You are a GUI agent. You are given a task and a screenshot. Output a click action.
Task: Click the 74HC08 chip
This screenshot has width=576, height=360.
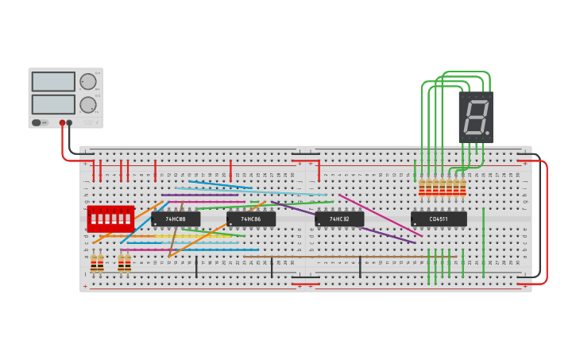pyautogui.click(x=176, y=219)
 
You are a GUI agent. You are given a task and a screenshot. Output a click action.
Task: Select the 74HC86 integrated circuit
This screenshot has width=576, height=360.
pyautogui.click(x=251, y=219)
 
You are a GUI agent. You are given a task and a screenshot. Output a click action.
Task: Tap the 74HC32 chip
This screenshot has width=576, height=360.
pyautogui.click(x=339, y=219)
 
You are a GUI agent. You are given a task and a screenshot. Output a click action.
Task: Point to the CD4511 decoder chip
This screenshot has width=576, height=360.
pyautogui.click(x=439, y=219)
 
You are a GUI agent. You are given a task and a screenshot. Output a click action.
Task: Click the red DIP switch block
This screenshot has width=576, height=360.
pyautogui.click(x=110, y=219)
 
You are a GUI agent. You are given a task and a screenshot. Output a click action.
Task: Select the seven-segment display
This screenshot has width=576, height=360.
pyautogui.click(x=475, y=117)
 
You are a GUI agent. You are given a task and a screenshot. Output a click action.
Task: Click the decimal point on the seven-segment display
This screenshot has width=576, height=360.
pyautogui.click(x=487, y=133)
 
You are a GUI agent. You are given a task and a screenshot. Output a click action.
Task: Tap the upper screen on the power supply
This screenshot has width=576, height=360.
pyautogui.click(x=53, y=81)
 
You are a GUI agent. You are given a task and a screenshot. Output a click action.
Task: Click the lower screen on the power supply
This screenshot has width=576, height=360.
pyautogui.click(x=53, y=104)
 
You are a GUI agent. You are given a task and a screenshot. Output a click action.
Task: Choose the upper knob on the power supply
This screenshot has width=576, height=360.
pyautogui.click(x=87, y=81)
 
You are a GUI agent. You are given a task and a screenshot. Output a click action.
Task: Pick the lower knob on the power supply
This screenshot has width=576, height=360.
pyautogui.click(x=87, y=105)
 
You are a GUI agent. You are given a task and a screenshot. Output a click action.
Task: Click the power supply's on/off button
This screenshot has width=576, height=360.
pyautogui.click(x=37, y=122)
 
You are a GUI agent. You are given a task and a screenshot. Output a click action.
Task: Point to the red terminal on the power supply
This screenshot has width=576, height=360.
pyautogui.click(x=62, y=123)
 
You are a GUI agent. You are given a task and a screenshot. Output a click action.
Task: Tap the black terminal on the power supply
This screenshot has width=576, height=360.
pyautogui.click(x=70, y=123)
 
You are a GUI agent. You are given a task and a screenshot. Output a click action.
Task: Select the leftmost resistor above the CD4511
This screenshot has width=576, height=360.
pyautogui.click(x=422, y=187)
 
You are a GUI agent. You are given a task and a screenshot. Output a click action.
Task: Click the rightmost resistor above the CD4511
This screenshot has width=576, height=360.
pyautogui.click(x=463, y=187)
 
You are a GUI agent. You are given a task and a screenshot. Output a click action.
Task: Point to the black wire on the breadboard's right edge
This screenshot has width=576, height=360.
pyautogui.click(x=539, y=215)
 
